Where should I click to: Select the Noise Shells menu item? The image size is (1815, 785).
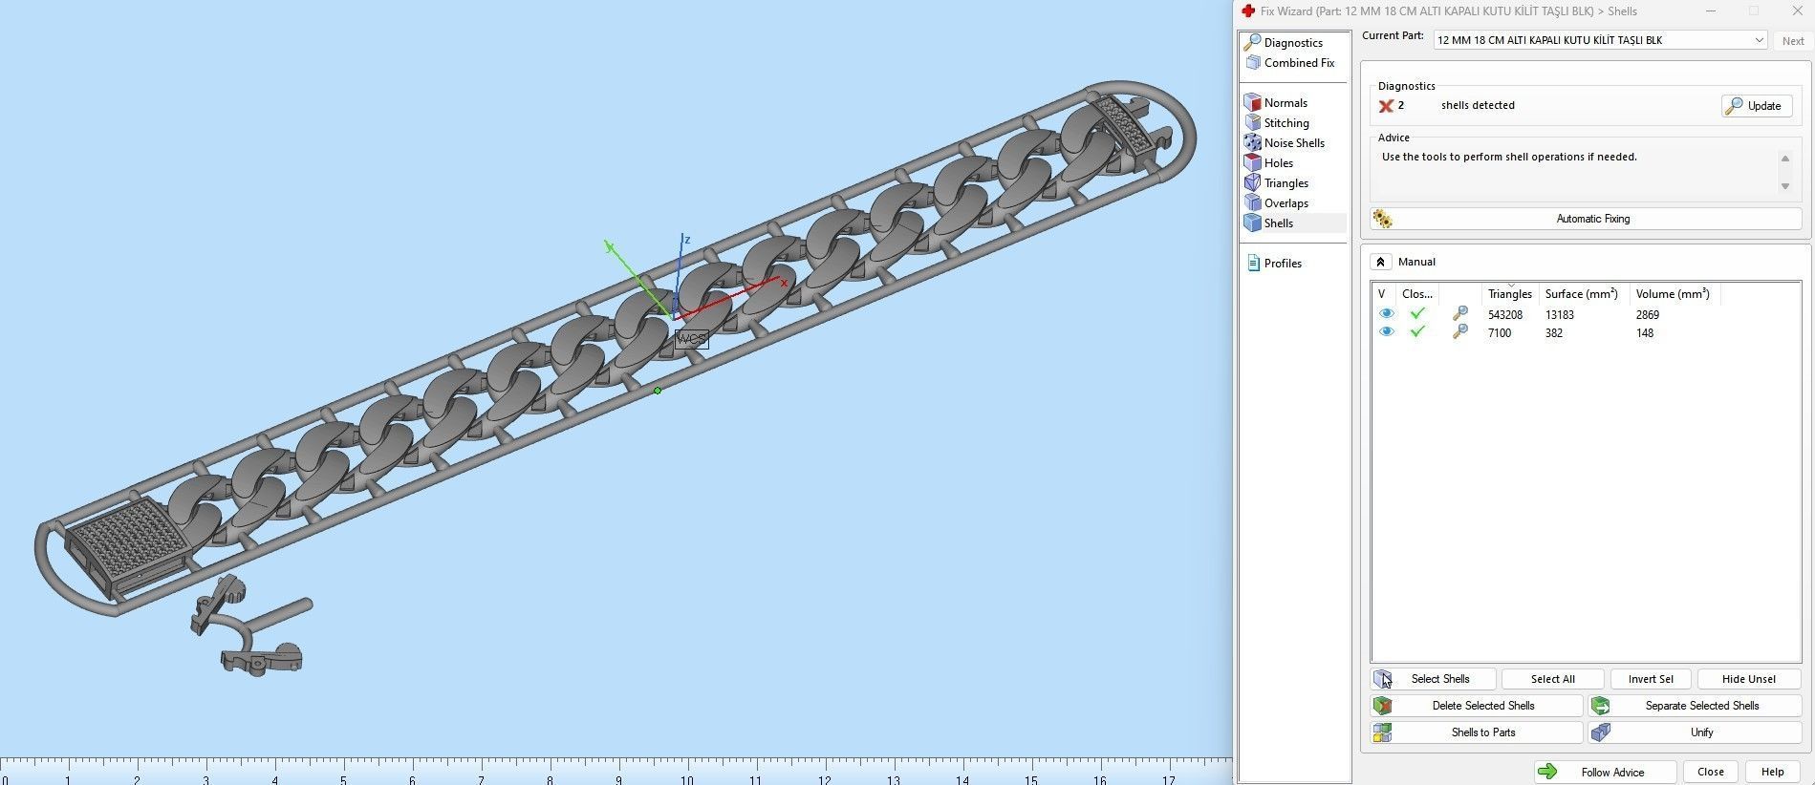[x=1293, y=143]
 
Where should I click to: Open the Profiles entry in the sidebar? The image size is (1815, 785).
[x=1282, y=264]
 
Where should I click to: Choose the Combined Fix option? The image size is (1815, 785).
[x=1298, y=63]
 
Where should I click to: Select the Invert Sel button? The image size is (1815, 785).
[x=1650, y=679]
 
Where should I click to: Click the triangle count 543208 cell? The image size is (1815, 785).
[x=1504, y=314]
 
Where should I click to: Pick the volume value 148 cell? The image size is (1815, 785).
[x=1644, y=333]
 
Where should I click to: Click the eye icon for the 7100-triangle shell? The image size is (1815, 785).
[x=1386, y=332]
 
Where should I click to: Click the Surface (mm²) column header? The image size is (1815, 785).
[x=1581, y=294]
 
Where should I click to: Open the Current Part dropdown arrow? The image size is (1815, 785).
[x=1758, y=40]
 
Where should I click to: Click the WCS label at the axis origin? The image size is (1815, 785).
[x=691, y=339]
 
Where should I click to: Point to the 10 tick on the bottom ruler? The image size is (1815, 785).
[x=686, y=775]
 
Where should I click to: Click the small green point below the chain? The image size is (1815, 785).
[x=658, y=391]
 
